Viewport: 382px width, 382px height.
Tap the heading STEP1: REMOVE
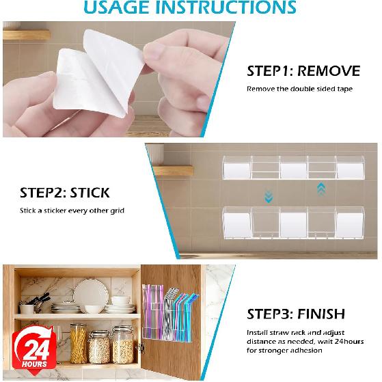tap(303, 70)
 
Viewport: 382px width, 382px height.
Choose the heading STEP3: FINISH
tap(297, 315)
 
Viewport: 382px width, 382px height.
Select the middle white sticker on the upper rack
tap(292, 169)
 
